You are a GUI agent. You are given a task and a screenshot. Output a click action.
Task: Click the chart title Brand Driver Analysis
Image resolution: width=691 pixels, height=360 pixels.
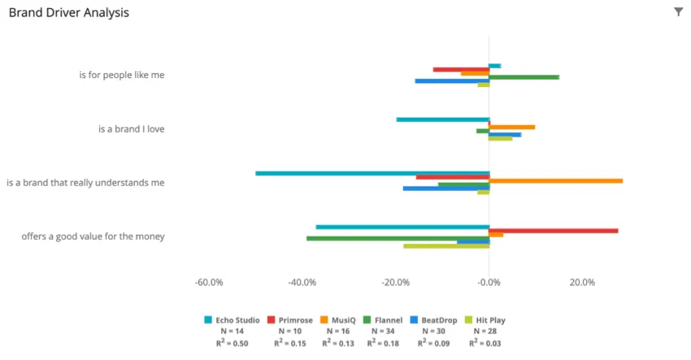(68, 13)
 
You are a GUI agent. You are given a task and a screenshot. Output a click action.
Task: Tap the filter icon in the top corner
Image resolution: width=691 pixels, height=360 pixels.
(679, 12)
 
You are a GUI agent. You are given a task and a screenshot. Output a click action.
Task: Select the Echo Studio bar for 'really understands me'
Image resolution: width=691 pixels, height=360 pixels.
(372, 173)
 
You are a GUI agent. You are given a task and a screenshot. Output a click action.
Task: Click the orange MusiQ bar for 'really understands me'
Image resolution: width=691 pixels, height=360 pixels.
(556, 180)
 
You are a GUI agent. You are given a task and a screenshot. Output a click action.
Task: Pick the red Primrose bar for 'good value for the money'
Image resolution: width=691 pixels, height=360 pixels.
(554, 231)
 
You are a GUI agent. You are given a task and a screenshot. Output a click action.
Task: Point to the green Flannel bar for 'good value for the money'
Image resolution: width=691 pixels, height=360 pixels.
(398, 238)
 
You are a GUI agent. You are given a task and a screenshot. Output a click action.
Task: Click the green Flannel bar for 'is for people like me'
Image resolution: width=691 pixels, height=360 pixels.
(524, 77)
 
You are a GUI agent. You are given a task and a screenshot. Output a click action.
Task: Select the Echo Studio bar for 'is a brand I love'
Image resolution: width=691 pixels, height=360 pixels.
(442, 119)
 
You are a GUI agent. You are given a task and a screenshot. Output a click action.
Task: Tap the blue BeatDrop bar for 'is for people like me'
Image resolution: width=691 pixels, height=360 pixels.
(452, 81)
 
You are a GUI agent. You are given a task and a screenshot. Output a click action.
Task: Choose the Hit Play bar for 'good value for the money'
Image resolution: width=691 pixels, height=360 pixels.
(446, 245)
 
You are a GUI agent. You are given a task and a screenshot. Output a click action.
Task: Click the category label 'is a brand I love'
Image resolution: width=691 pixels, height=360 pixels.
(131, 128)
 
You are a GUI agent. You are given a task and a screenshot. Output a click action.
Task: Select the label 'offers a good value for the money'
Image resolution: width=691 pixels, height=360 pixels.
(93, 236)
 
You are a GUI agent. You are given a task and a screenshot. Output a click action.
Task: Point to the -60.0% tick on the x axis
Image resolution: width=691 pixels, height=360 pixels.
(210, 283)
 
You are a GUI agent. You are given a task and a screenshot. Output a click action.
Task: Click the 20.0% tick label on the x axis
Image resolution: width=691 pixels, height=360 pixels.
(582, 283)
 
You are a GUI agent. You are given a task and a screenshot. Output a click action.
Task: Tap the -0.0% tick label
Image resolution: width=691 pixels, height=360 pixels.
(489, 283)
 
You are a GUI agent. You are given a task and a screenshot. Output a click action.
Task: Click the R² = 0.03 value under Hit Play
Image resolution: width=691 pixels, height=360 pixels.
(485, 344)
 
